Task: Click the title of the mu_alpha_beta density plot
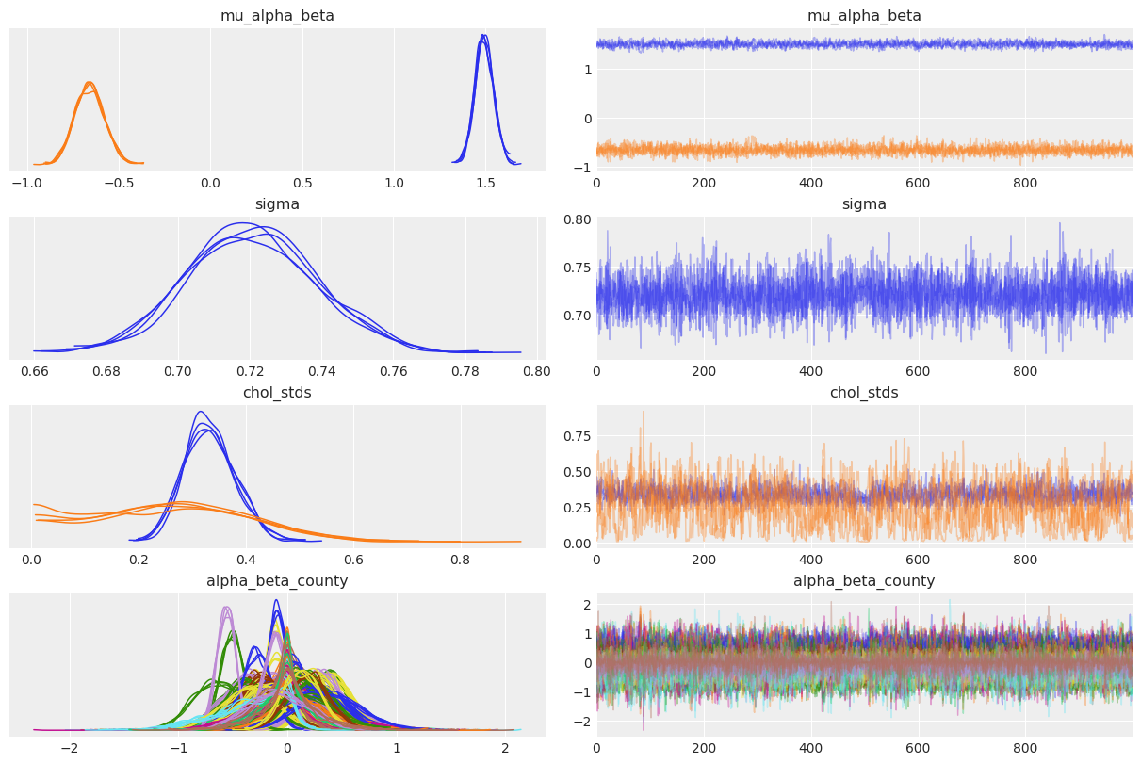click(277, 15)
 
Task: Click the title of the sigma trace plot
click(864, 203)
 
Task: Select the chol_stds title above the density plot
click(277, 392)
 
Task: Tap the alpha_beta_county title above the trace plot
click(864, 580)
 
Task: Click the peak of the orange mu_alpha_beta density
click(89, 83)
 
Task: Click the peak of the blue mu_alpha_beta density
click(483, 36)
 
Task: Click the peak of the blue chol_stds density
click(200, 412)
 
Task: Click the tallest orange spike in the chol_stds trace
click(644, 412)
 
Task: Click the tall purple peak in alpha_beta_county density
click(226, 608)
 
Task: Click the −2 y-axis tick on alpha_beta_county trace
click(583, 721)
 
